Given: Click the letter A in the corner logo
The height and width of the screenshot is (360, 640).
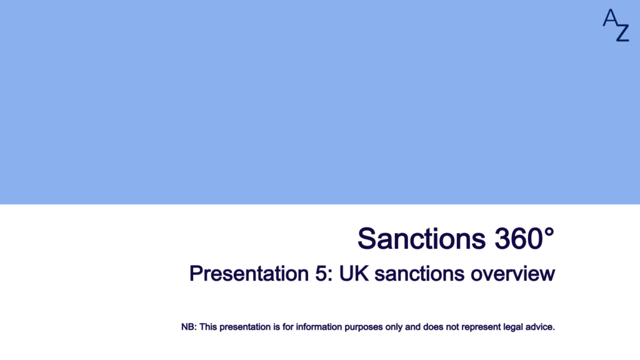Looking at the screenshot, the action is [x=610, y=17].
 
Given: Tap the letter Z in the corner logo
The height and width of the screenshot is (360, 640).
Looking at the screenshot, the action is [x=622, y=32].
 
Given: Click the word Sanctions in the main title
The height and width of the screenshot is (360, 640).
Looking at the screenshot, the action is [x=422, y=238].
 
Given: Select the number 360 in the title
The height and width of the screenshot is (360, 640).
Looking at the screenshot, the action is [x=519, y=238].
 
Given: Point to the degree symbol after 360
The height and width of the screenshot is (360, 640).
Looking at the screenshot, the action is [x=549, y=232].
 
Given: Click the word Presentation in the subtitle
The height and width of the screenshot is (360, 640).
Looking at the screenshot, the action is [x=249, y=274].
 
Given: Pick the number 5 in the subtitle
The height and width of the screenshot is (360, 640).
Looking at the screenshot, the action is [x=321, y=274].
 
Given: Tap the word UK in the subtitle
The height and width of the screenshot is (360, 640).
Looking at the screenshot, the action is [x=354, y=274].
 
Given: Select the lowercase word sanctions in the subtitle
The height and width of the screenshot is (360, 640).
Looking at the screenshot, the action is [x=419, y=274].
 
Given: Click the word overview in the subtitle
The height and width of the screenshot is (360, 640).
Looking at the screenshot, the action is [x=512, y=274].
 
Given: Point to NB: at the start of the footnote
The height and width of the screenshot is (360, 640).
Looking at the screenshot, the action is [x=189, y=327].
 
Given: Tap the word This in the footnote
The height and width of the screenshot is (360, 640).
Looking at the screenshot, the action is [x=208, y=327].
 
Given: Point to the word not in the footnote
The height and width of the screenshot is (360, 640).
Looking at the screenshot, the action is [x=452, y=327].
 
